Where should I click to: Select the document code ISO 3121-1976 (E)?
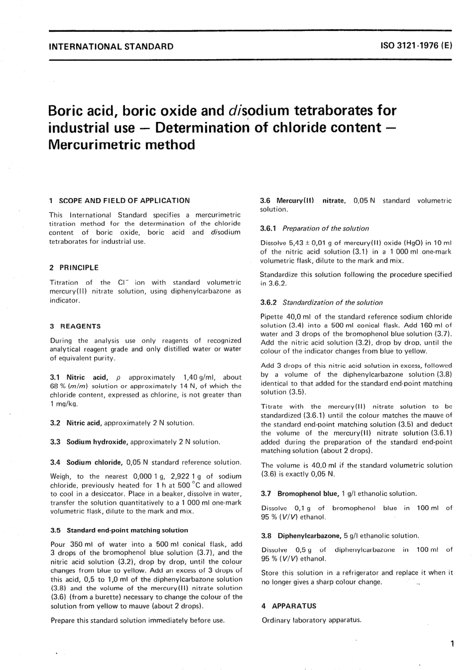pos(416,46)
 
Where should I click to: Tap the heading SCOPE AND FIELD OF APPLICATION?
pos(124,201)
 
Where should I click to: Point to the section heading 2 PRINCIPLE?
pos(74,268)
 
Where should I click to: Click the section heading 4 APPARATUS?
pos(289,606)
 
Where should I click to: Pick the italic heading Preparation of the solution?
pos(326,228)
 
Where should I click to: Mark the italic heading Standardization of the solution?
pos(333,303)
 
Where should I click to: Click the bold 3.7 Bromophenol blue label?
pos(307,494)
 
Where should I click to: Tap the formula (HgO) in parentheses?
pos(392,243)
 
